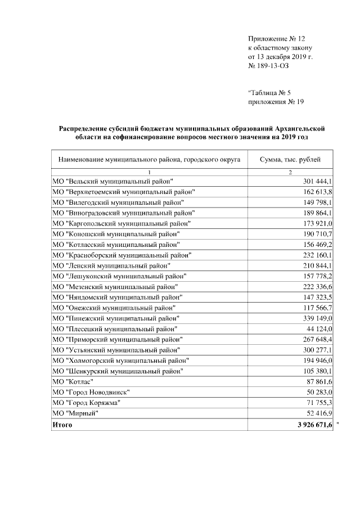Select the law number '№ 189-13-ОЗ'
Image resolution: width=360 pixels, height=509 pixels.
coord(268,66)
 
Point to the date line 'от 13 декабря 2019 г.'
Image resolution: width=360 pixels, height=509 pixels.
coord(280,57)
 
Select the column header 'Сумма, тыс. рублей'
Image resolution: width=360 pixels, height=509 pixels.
coord(290,160)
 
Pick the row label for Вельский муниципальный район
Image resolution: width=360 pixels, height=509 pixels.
coord(112,181)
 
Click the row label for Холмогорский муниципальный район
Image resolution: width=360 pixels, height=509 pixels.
coord(120,360)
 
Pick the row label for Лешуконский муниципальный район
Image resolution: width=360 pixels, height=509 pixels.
coord(119,276)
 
